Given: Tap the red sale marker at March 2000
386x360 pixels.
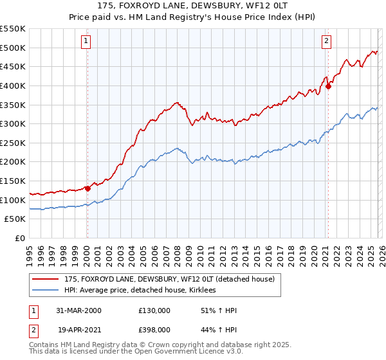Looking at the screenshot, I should tap(87, 188).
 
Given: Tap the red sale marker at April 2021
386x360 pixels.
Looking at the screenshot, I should tap(328, 86).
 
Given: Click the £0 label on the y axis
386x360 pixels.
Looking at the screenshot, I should tap(21, 238).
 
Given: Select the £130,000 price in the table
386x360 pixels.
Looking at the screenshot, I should tap(154, 310).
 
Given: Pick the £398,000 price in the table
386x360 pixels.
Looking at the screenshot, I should tap(154, 330).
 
